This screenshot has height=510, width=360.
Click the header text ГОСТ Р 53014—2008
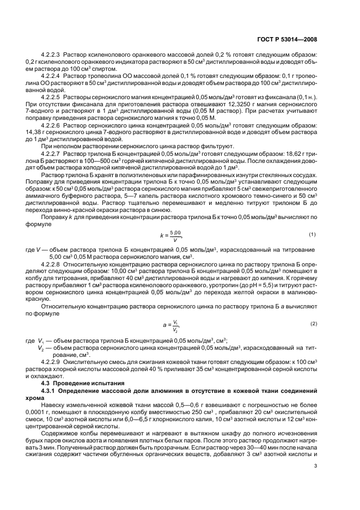pyautogui.click(x=291, y=40)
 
